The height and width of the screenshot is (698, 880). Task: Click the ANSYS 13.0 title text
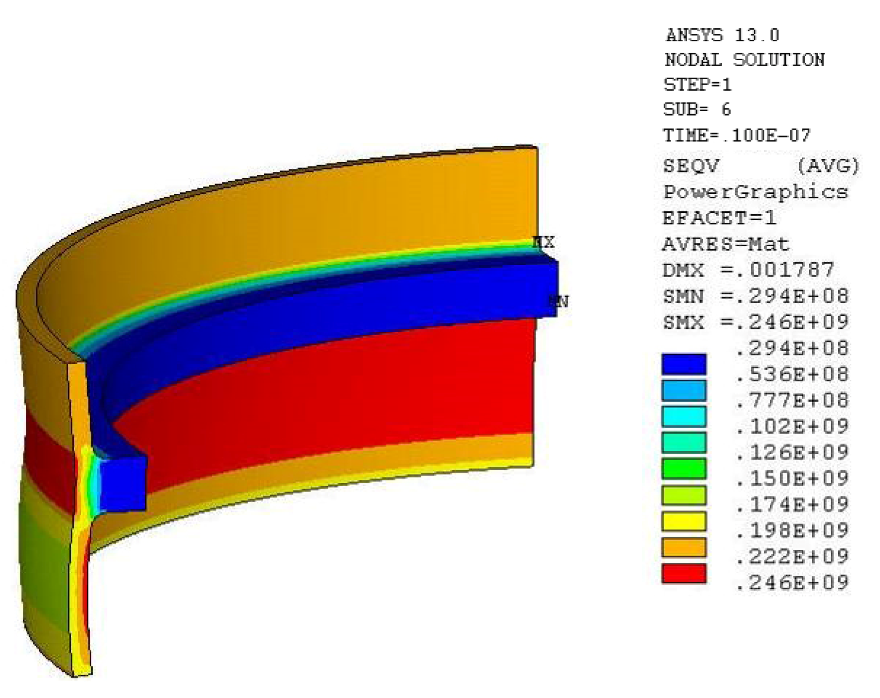point(722,35)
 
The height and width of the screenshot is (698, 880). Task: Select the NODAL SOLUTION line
point(744,60)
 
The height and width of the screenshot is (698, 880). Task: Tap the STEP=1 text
point(697,85)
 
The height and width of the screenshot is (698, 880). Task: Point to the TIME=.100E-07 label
point(737,135)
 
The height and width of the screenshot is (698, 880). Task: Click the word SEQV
point(690,166)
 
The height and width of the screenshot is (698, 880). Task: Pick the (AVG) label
point(828,166)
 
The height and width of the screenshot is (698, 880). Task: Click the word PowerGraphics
point(755,192)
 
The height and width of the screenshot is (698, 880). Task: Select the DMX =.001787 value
point(748,270)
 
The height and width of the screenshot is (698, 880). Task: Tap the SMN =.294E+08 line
point(755,296)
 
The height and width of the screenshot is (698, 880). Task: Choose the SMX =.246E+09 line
point(755,322)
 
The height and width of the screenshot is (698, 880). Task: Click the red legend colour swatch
point(684,573)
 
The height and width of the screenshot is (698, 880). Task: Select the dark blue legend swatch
point(684,364)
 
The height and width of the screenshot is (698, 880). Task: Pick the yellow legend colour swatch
point(684,521)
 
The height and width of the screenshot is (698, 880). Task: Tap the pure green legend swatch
point(684,469)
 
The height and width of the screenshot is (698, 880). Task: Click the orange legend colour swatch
point(684,547)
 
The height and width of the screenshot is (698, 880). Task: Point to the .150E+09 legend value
point(792,478)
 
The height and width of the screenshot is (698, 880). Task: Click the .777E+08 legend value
point(792,400)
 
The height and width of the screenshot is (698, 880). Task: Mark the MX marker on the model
point(544,242)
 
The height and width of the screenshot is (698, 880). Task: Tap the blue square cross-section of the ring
point(123,484)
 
